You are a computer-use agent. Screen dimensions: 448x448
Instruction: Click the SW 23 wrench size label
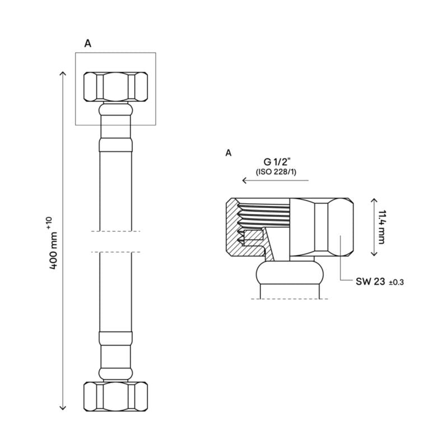[370, 282]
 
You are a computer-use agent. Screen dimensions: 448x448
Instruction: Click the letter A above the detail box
[87, 43]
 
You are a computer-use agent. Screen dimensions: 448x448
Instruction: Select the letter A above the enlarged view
[227, 152]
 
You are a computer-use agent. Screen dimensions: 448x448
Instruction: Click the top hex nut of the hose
[115, 85]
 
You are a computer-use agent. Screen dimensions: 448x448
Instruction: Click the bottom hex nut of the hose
[115, 395]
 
